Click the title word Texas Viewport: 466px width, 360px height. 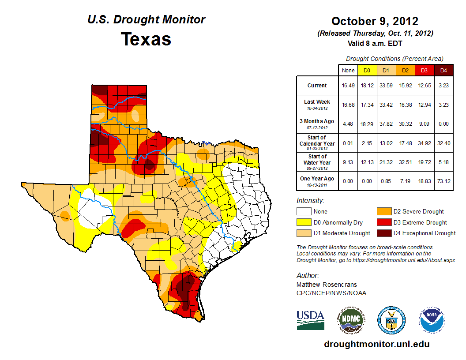(146, 39)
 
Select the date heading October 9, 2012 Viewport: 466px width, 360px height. (375, 21)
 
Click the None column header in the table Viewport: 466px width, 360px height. (348, 70)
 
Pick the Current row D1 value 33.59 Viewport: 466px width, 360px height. (387, 86)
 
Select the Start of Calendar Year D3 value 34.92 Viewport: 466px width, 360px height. (425, 143)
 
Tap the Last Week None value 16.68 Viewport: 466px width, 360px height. (348, 105)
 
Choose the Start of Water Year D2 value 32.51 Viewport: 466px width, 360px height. (406, 162)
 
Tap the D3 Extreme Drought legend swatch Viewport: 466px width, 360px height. (383, 222)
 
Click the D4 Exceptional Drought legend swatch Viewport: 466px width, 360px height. (383, 233)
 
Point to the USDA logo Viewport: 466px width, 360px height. (310, 319)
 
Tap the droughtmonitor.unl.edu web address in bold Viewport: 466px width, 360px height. (376, 344)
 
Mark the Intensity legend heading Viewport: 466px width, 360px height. (310, 201)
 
